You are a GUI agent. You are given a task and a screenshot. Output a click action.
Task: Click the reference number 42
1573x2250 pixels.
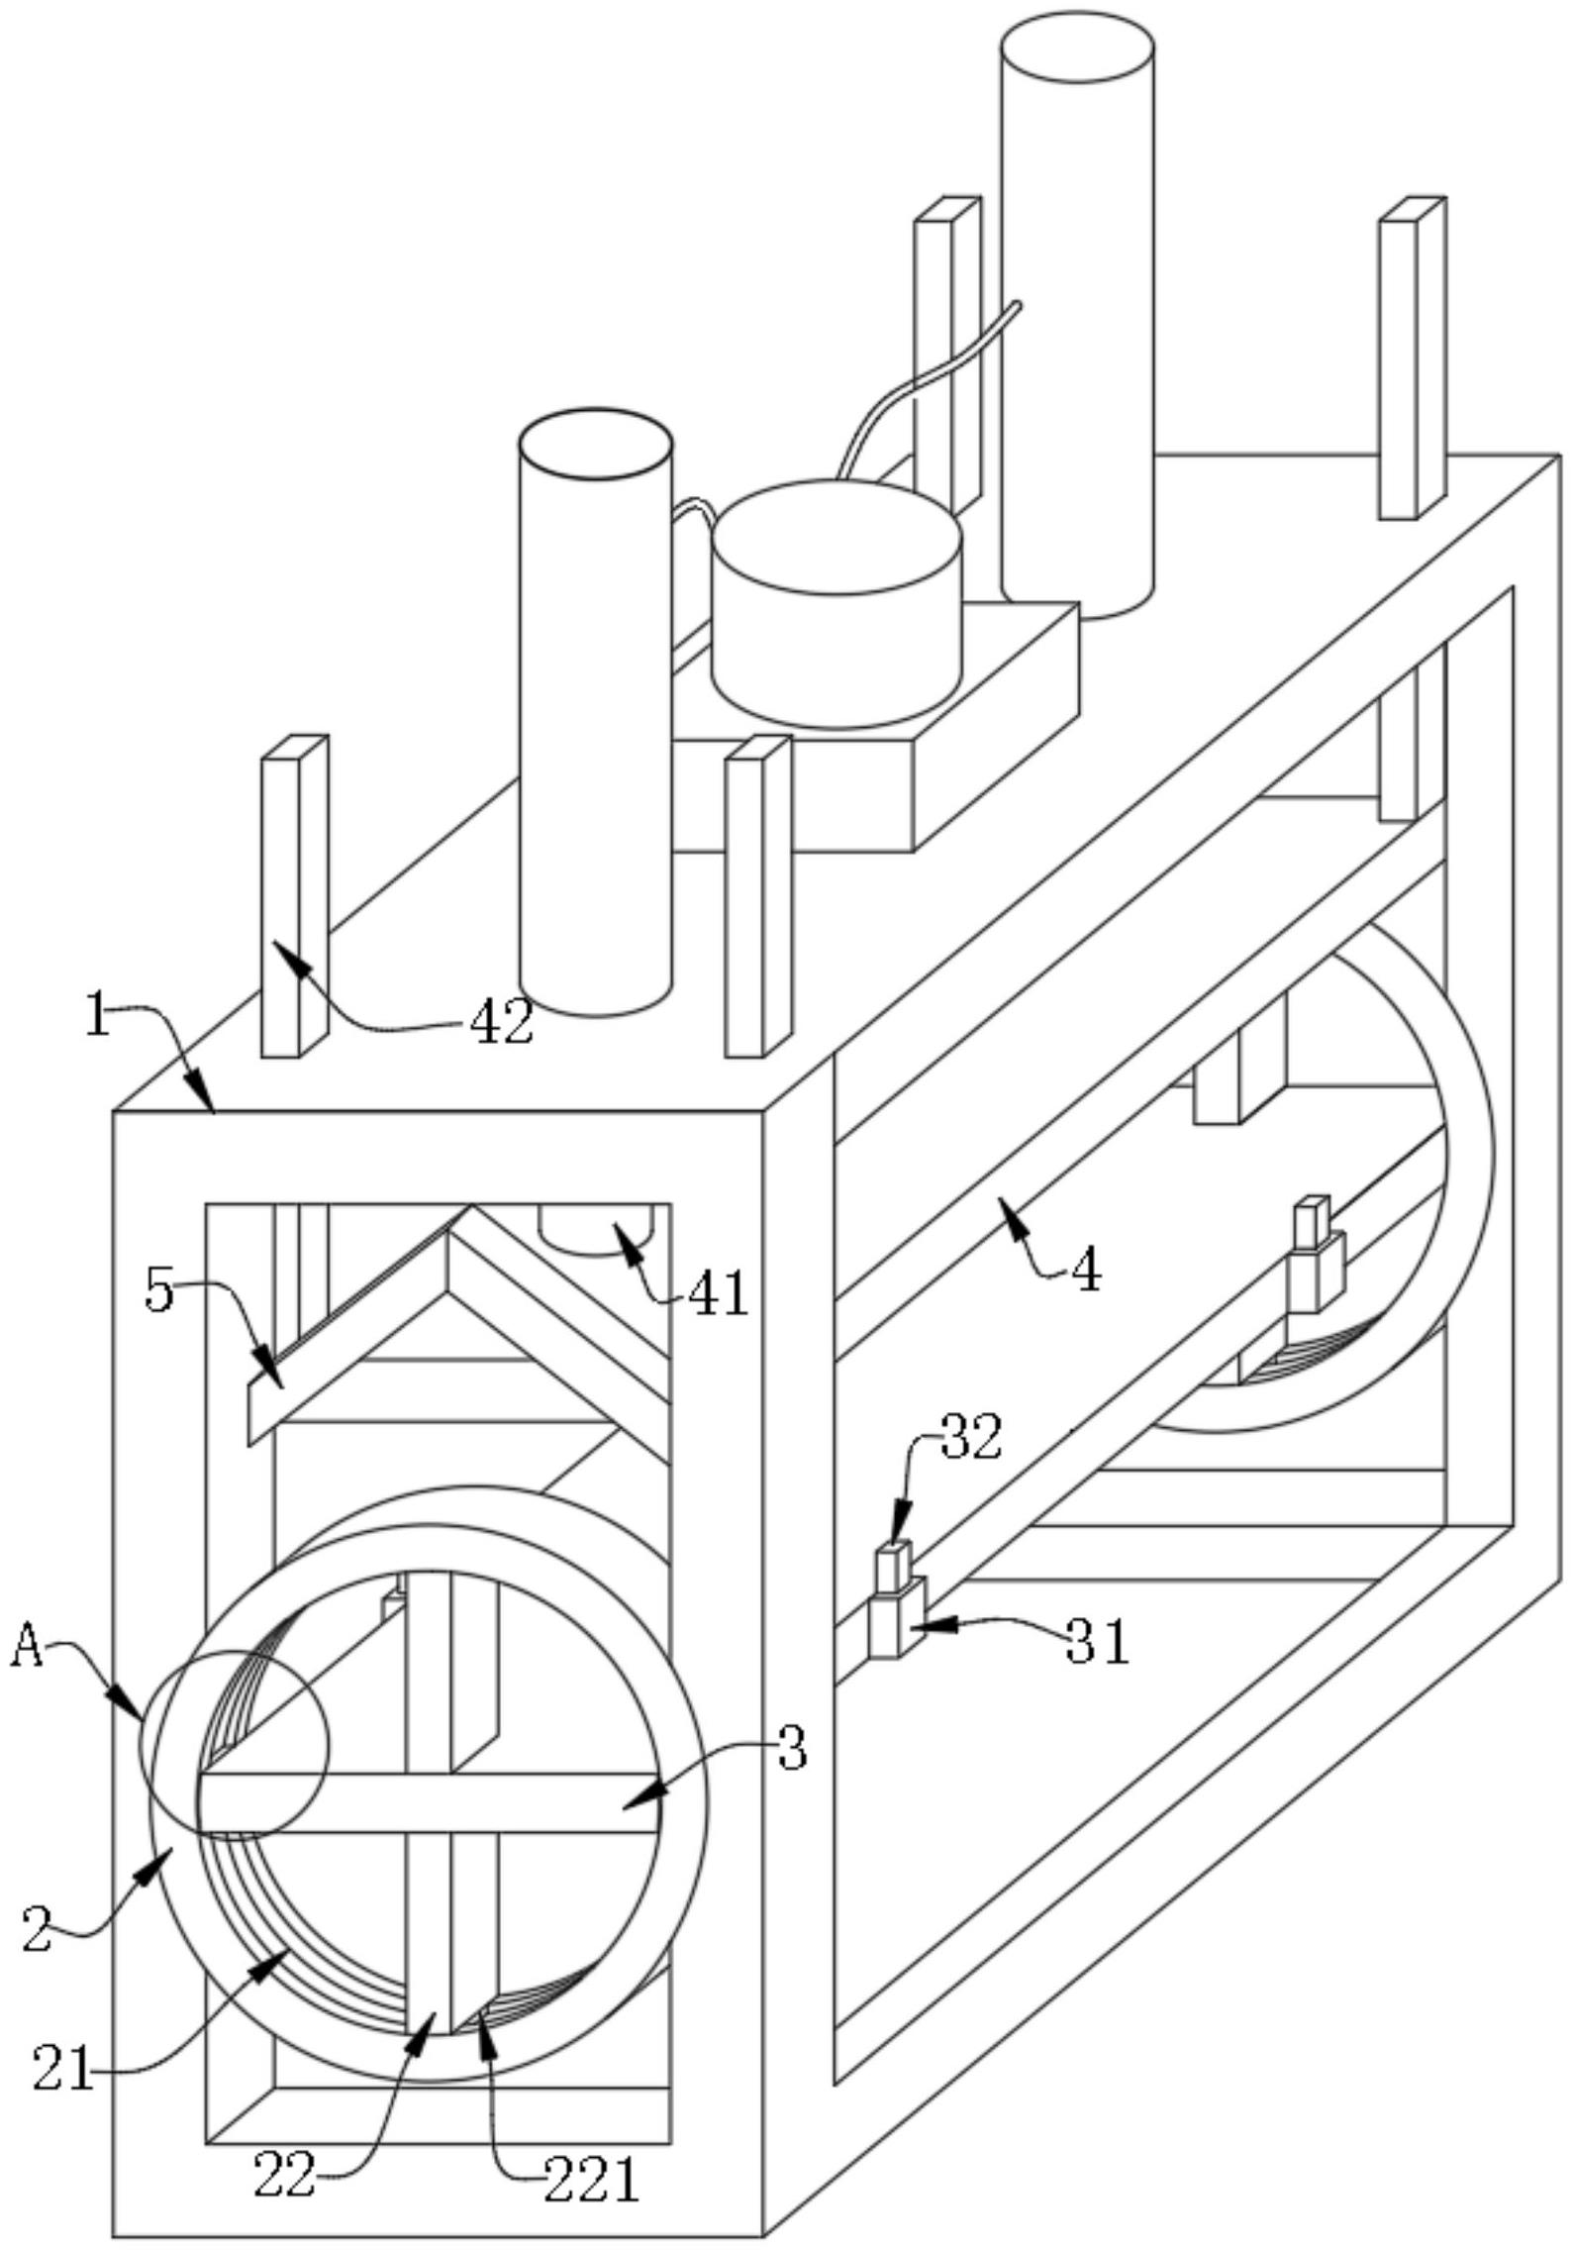coord(502,1021)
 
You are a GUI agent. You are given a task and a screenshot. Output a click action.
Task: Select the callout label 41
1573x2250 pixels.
coord(718,1292)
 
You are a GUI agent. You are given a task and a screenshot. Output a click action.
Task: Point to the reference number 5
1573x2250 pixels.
coord(158,1290)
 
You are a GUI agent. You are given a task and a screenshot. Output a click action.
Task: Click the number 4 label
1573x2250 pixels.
coord(1086,1272)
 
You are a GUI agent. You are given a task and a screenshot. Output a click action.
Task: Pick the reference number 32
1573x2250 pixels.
coord(971,1437)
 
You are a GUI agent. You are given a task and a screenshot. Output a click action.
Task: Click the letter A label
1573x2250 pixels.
coord(27,1649)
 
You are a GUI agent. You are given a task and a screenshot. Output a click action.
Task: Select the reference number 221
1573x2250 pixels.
coord(591,2180)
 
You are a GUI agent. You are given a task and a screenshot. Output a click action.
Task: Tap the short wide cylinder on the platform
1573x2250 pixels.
coord(836,604)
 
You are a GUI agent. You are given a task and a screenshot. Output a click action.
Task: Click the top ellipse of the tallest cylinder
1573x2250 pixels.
coord(1077,48)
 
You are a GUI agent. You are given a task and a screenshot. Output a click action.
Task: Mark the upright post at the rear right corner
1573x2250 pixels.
coord(1413,358)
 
